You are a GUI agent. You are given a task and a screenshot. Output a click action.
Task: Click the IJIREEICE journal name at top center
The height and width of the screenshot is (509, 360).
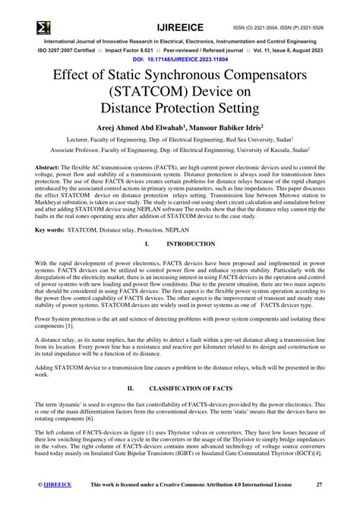[179, 8]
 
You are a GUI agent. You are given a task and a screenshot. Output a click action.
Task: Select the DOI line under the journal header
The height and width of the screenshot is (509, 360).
[180, 58]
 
